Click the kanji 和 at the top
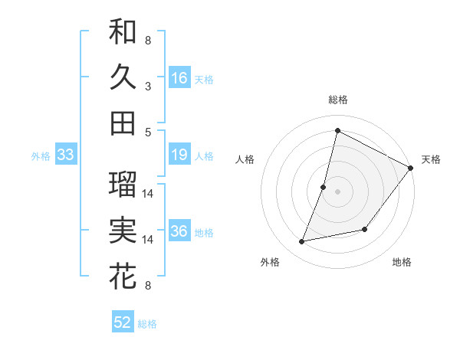[123, 31]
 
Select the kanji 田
[123, 123]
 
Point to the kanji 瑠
[123, 184]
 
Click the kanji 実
[123, 231]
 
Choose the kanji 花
[123, 277]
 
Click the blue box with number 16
[179, 77]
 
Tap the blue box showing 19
[179, 155]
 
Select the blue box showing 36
[179, 232]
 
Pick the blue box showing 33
[65, 155]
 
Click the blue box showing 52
[123, 322]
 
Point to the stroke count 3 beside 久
[148, 87]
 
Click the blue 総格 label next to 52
[147, 324]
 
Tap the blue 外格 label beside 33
[41, 156]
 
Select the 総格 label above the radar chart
[337, 100]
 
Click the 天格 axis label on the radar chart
[431, 159]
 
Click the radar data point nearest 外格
[302, 242]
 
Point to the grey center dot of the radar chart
[337, 191]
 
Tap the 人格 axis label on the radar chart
[245, 159]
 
